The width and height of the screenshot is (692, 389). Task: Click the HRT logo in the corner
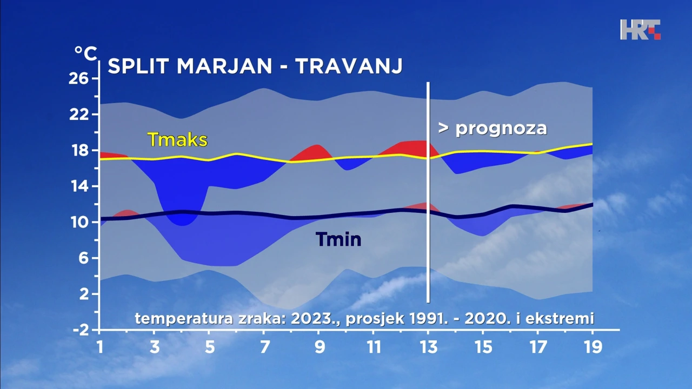640,30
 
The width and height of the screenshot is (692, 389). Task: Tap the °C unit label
85,53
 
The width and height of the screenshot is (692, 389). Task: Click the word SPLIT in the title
138,66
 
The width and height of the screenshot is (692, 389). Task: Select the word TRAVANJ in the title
349,66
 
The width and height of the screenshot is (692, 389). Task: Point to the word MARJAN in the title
224,66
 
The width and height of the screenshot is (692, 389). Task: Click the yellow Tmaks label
177,139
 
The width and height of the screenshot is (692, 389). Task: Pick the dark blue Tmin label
338,239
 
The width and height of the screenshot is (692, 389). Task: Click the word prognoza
501,129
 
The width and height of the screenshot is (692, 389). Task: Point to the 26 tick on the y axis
78,79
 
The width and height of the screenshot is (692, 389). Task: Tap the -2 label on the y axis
81,330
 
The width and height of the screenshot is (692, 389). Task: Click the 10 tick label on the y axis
79,222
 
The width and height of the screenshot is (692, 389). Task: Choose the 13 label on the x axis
429,347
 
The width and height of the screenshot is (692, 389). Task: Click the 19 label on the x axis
593,347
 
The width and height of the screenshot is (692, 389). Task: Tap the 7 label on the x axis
264,347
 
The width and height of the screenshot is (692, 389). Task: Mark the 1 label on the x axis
100,347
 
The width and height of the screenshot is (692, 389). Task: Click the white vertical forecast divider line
428,192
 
